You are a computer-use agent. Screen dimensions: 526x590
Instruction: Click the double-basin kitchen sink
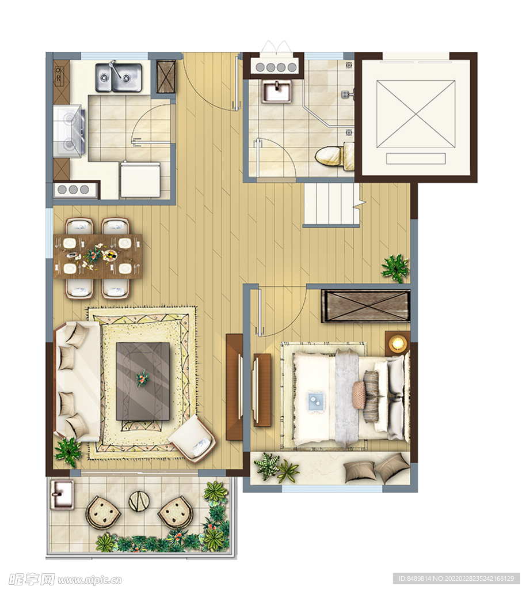point(119,78)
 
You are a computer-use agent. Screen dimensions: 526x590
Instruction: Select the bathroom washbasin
point(277,92)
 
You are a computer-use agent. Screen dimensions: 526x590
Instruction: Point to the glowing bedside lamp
point(397,343)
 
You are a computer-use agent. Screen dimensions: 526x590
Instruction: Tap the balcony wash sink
point(61,494)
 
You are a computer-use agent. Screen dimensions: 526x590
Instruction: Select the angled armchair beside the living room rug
point(192,438)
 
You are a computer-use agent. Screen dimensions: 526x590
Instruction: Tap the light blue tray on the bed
point(316,402)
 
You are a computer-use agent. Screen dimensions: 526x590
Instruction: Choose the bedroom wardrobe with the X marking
point(365,305)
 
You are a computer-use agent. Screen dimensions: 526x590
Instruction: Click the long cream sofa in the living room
point(78,381)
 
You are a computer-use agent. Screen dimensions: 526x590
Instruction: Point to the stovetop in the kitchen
point(70,131)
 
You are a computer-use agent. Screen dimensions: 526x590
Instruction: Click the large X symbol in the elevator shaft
point(416,115)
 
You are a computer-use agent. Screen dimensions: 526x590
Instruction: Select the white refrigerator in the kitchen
point(140,180)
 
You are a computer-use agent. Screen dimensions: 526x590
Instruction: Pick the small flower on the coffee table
point(142,378)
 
